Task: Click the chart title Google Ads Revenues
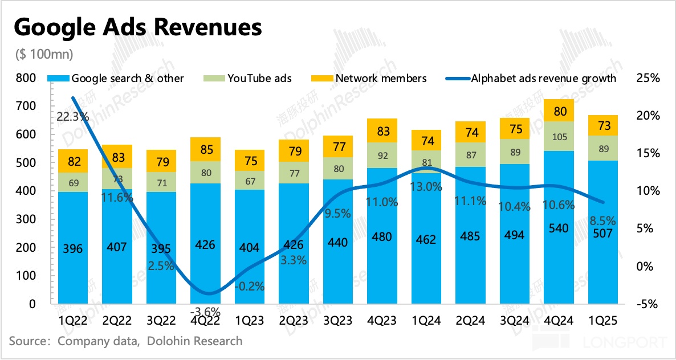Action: pos(137,27)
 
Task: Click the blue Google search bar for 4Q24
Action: pos(560,228)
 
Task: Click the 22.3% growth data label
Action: pos(72,117)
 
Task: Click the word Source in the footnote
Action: pos(26,341)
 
